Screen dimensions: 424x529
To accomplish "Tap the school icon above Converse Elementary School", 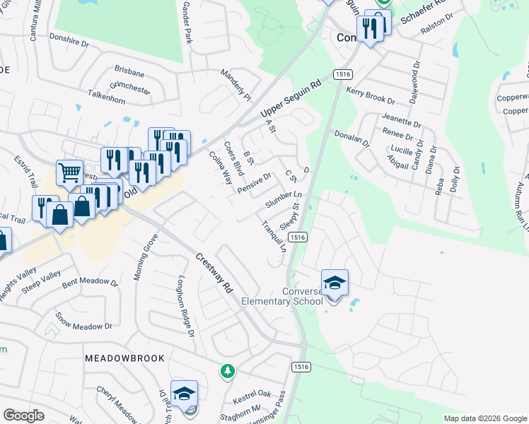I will pos(335,283).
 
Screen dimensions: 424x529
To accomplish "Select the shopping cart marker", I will pos(69,172).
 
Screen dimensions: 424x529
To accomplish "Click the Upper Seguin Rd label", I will pos(291,98).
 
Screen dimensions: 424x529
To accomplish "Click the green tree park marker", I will pos(227,371).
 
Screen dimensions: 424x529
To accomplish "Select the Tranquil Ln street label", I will pos(272,237).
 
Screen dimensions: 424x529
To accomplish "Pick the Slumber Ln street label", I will pos(284,200).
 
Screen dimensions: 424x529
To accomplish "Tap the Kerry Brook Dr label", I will pos(370,95).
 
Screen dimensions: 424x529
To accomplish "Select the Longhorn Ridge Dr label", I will pos(186,305).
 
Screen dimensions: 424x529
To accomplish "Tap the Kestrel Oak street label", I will pos(252,394).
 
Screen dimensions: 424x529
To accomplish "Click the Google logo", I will pos(23,416).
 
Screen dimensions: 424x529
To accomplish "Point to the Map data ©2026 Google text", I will pos(484,418).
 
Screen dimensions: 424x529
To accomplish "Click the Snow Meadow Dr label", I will pos(83,322).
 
